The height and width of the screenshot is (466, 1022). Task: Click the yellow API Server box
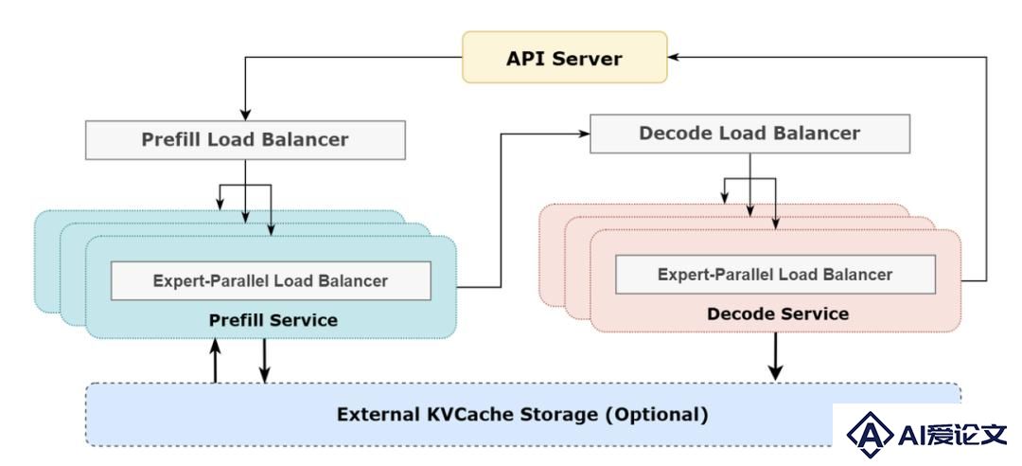[564, 58]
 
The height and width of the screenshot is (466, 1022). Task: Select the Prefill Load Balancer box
[245, 139]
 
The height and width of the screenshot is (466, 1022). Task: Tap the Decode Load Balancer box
[749, 134]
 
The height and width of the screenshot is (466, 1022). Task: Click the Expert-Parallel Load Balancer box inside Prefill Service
[271, 280]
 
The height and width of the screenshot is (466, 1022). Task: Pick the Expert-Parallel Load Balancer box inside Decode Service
[775, 274]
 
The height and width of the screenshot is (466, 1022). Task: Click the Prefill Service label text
[273, 320]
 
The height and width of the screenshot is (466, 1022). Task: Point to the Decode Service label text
[778, 314]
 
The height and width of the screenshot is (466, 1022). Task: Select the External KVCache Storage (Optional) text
[522, 415]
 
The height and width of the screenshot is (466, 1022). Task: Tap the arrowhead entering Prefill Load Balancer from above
[245, 116]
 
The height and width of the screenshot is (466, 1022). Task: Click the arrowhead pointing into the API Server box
[674, 58]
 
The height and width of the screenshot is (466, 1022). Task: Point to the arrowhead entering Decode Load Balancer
[585, 134]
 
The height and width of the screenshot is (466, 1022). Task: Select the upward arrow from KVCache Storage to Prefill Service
[215, 360]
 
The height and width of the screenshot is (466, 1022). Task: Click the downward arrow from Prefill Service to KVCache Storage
[264, 360]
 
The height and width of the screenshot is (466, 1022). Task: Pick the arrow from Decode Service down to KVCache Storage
[775, 356]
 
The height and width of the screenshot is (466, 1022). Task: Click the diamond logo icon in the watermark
[870, 434]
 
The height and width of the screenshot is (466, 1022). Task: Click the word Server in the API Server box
[590, 58]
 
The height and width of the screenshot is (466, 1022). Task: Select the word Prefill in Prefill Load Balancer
[171, 139]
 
